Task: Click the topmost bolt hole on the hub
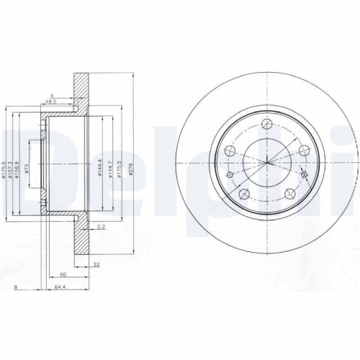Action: [266, 122]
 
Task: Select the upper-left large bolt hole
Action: [231, 150]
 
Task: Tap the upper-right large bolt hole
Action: [302, 150]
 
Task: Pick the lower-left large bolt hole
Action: [244, 192]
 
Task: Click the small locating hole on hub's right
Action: [305, 175]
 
